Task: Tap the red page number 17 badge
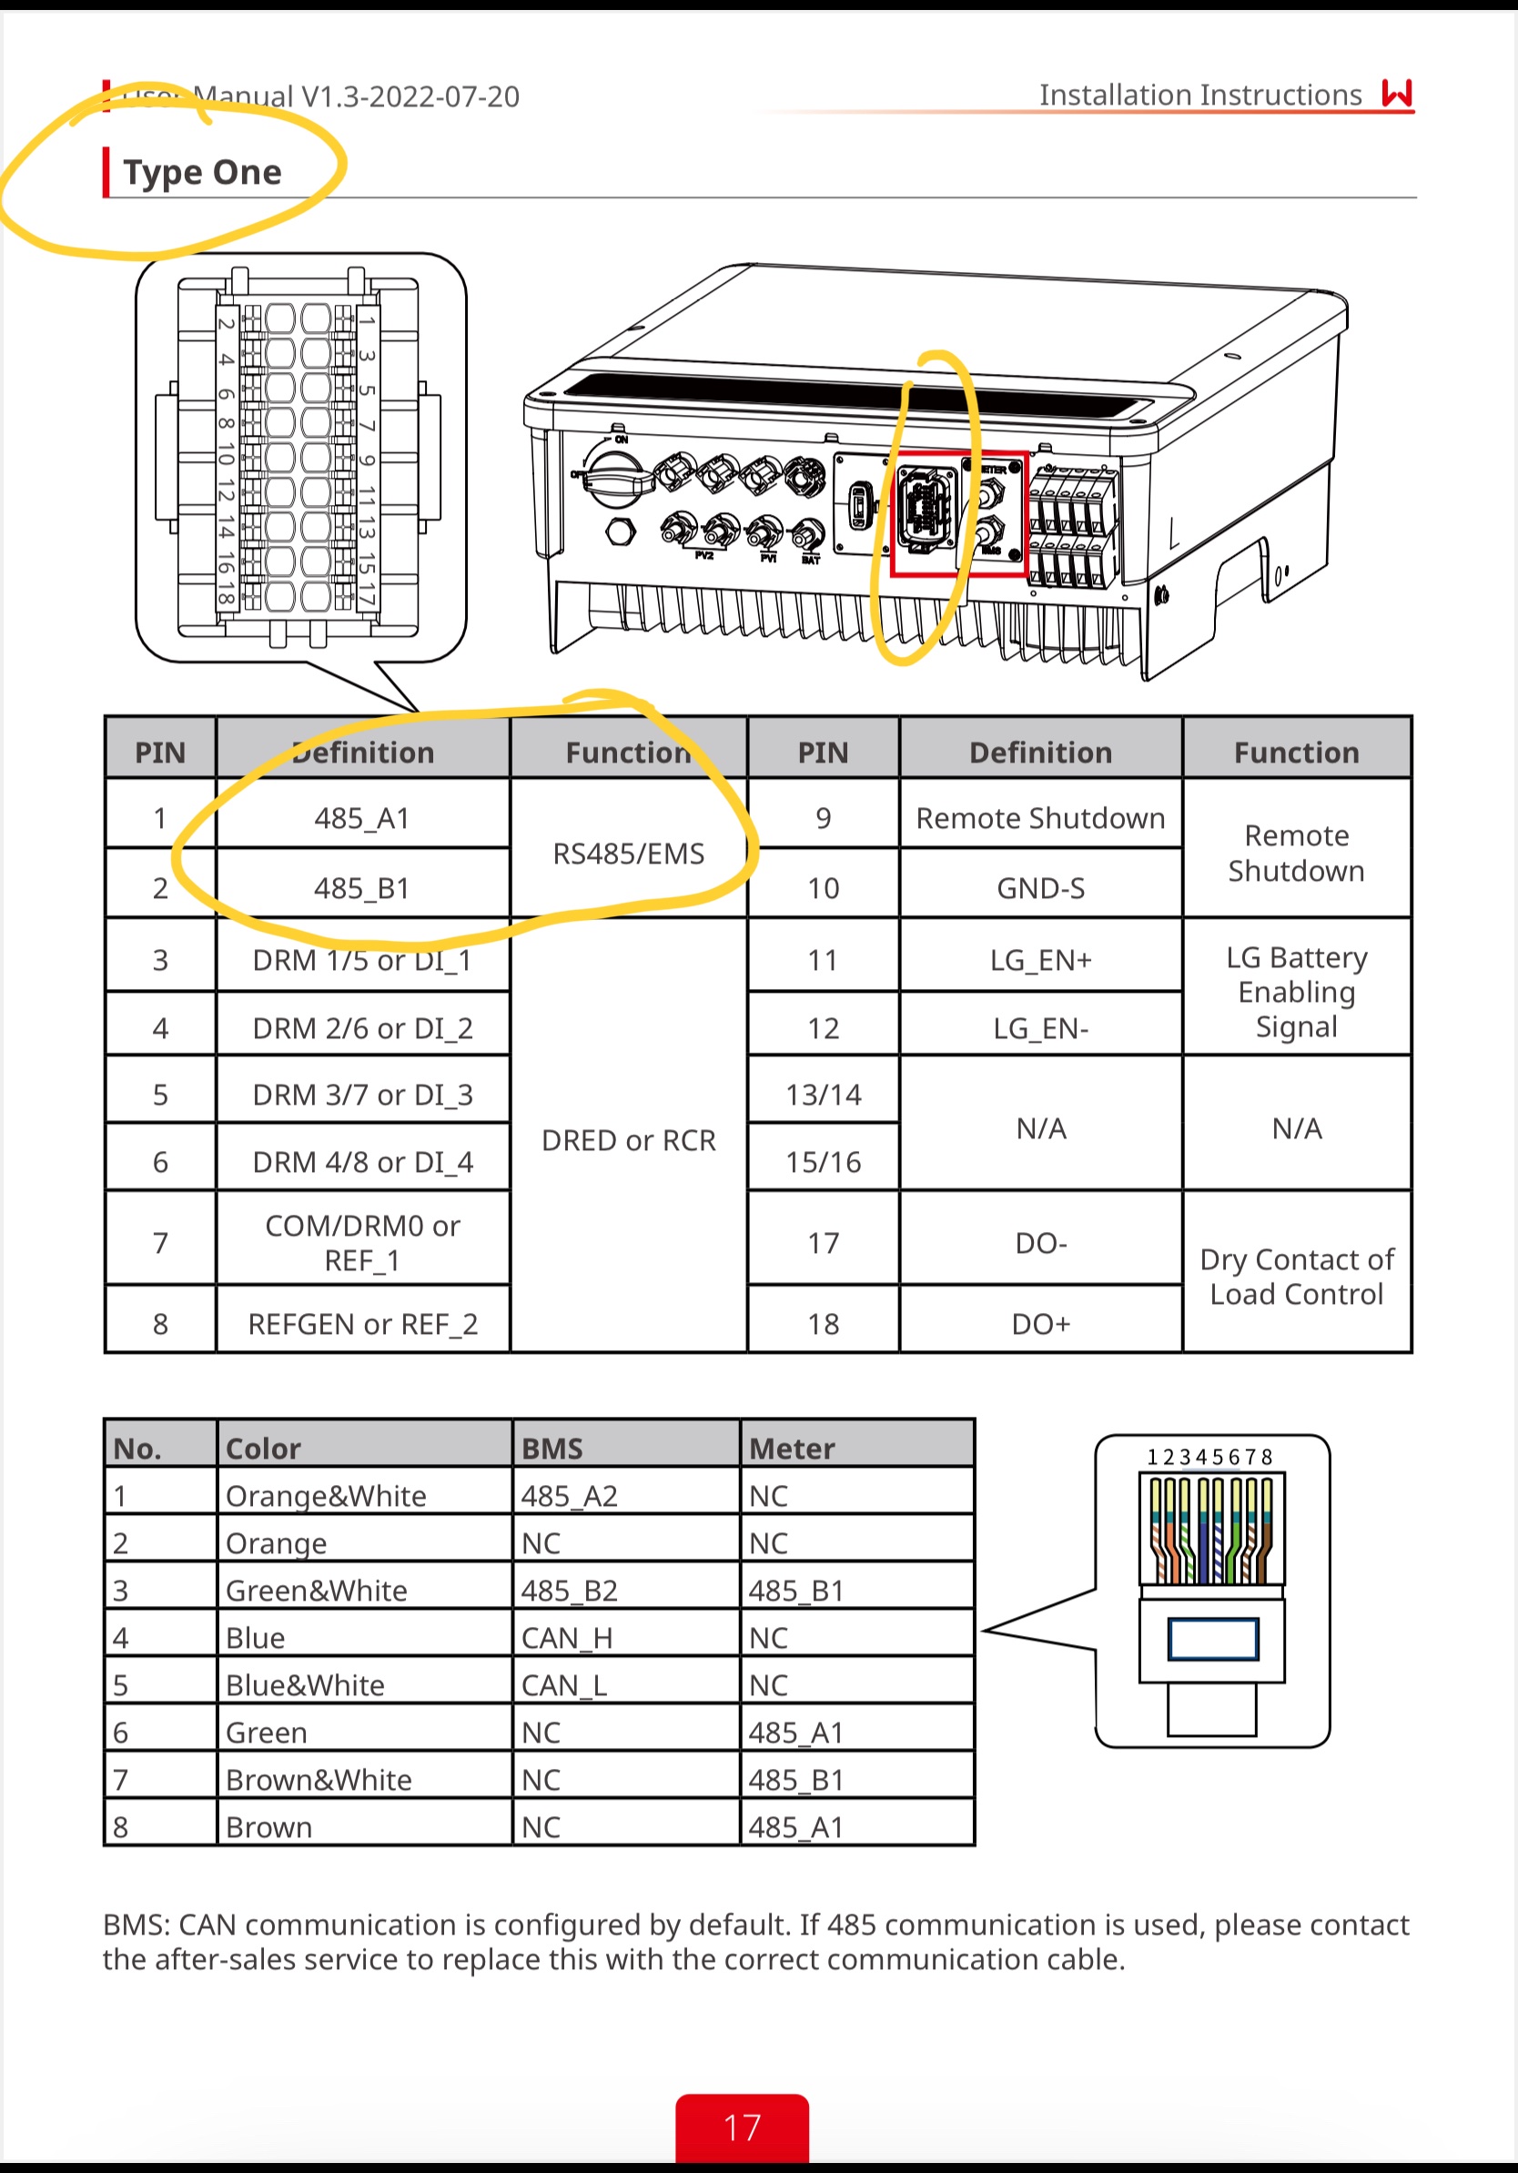pyautogui.click(x=742, y=2128)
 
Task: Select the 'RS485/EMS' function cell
pyautogui.click(x=628, y=854)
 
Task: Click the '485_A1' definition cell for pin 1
pyautogui.click(x=362, y=818)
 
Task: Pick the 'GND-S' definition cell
pyautogui.click(x=1040, y=888)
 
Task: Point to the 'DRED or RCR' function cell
pyautogui.click(x=628, y=1140)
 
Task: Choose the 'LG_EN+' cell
pyautogui.click(x=1040, y=960)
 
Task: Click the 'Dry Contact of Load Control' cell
pyautogui.click(x=1297, y=1276)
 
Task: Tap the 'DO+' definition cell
pyautogui.click(x=1040, y=1323)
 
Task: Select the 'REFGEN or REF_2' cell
pyautogui.click(x=362, y=1323)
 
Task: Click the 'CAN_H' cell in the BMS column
pyautogui.click(x=567, y=1637)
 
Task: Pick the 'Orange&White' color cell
pyautogui.click(x=326, y=1495)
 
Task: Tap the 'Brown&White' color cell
pyautogui.click(x=318, y=1779)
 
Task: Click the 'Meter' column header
pyautogui.click(x=792, y=1448)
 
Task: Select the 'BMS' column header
pyautogui.click(x=552, y=1448)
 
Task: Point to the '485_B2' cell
pyautogui.click(x=569, y=1590)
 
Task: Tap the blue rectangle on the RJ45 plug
pyautogui.click(x=1212, y=1639)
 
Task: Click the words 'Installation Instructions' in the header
pyautogui.click(x=1200, y=95)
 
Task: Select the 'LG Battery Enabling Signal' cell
pyautogui.click(x=1297, y=992)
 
